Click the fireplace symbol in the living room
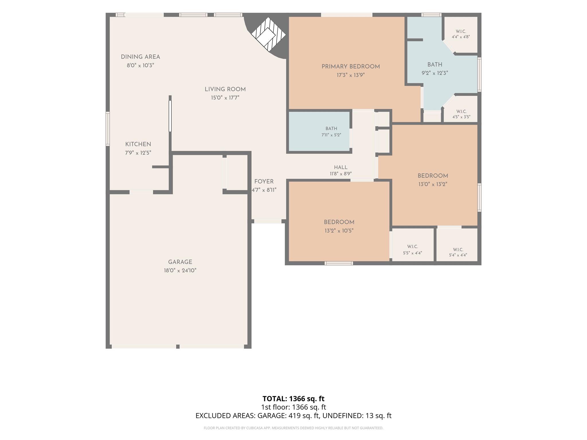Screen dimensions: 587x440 coord(268,35)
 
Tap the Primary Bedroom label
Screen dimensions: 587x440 coord(351,66)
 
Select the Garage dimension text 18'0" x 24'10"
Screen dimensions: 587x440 coord(180,270)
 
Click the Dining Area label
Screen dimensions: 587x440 coord(140,57)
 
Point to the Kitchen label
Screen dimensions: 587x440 coord(138,144)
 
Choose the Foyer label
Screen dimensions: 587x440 coord(264,182)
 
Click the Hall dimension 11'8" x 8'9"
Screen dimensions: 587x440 coord(341,174)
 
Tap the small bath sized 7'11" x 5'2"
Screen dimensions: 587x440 coord(319,131)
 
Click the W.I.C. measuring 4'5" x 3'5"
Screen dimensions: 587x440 coord(461,109)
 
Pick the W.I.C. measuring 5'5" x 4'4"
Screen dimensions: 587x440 coord(413,245)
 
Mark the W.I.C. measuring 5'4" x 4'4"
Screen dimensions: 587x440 coord(457,245)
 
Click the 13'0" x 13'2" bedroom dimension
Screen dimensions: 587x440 coord(433,184)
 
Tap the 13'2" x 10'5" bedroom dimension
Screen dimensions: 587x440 coord(339,231)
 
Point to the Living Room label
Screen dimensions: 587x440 coord(225,89)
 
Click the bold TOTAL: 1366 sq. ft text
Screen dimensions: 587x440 coord(293,399)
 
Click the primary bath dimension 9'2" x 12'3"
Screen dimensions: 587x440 coord(435,73)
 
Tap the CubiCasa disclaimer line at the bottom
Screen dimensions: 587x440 coord(293,428)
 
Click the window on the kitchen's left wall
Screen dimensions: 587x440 coord(108,129)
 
